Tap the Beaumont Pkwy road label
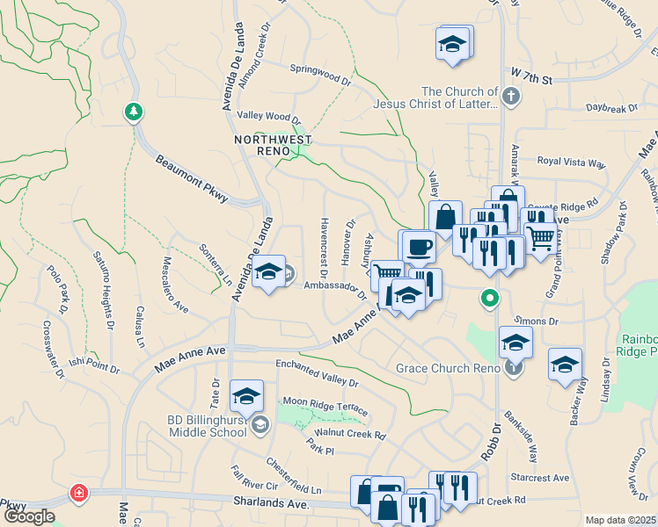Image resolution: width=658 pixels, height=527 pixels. (x=192, y=178)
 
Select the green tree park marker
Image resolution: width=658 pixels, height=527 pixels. (x=133, y=112)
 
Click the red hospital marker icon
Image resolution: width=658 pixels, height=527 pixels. (x=80, y=493)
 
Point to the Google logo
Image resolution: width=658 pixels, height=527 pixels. (x=29, y=516)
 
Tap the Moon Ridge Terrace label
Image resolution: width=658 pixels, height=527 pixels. (x=325, y=411)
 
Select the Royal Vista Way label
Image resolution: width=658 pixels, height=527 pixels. (x=572, y=162)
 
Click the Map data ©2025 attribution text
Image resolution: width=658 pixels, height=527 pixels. (x=619, y=520)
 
